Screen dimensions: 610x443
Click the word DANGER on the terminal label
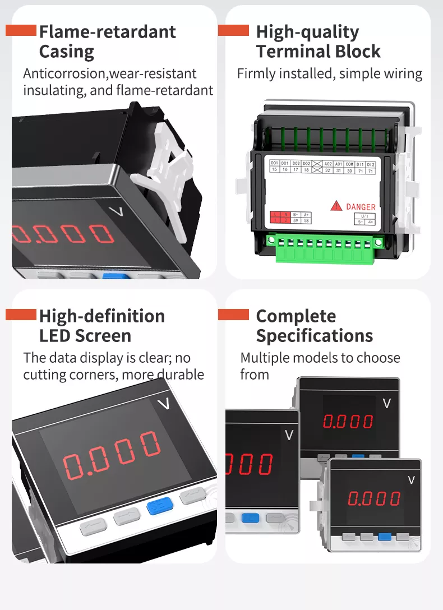361,207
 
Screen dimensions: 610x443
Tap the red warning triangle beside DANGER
336,206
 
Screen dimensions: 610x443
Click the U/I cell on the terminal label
364,215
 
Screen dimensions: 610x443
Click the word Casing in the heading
66,52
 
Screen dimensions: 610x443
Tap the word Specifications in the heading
314,336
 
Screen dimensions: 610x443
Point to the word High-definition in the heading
101,316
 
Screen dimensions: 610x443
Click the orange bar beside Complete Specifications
233,315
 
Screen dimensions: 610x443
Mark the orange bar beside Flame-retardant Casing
21,30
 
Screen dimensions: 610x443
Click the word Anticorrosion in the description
64,73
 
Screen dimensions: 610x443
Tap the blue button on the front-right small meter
384,536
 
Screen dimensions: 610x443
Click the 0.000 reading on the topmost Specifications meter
348,422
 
